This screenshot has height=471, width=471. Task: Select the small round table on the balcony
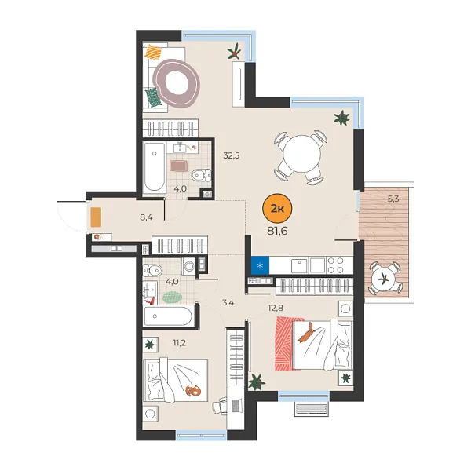point(384,277)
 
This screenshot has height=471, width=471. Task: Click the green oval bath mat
point(171,298)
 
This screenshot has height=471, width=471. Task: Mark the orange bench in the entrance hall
point(96,216)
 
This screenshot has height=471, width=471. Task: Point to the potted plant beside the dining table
point(341,119)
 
